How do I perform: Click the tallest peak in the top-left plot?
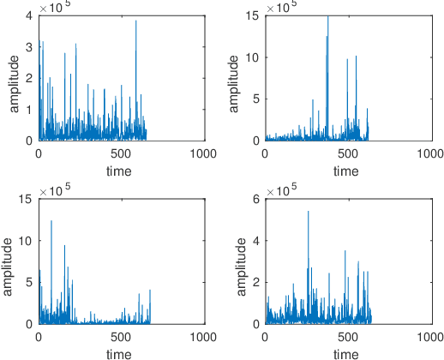click(x=136, y=22)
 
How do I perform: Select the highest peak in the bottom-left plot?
click(x=51, y=221)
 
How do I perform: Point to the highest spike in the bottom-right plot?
click(x=309, y=212)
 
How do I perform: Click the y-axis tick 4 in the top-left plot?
click(x=28, y=15)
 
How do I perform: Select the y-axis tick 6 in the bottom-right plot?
click(x=255, y=199)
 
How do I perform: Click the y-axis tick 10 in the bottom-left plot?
click(x=26, y=241)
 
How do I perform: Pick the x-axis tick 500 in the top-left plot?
click(x=121, y=154)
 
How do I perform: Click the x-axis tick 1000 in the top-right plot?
click(x=430, y=154)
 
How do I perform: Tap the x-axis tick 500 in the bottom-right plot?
click(x=347, y=338)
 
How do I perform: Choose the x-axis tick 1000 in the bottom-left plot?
click(x=204, y=338)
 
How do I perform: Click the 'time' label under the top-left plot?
click(x=120, y=171)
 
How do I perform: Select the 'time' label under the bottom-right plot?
click(x=346, y=353)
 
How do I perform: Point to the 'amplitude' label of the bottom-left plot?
click(x=9, y=261)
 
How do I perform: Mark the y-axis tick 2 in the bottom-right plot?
click(x=255, y=282)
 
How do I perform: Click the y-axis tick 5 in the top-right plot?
click(x=255, y=99)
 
